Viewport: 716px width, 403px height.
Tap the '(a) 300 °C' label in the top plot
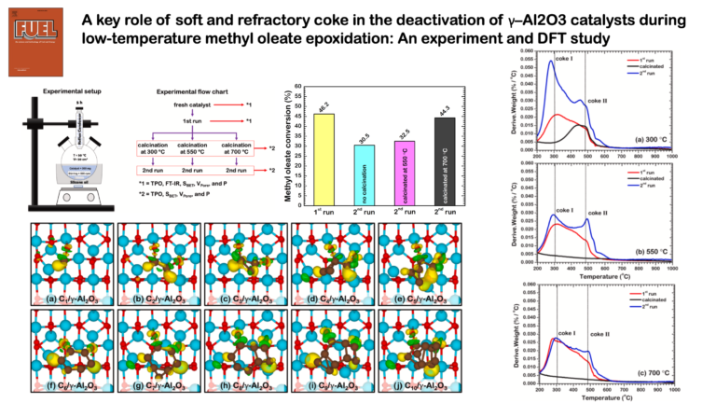coord(657,138)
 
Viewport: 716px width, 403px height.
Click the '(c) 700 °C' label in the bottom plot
coord(656,373)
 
